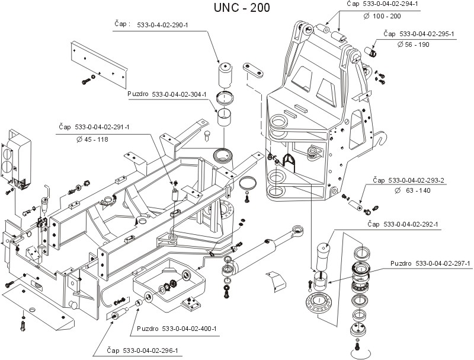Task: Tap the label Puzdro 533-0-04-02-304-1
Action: (166, 94)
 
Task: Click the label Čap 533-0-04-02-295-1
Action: (418, 34)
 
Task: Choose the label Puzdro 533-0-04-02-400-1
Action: (177, 329)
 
